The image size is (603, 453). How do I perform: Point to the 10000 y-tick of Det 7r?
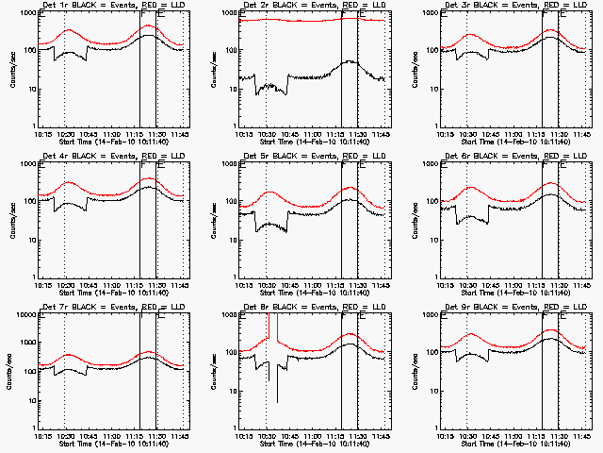click(23, 315)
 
